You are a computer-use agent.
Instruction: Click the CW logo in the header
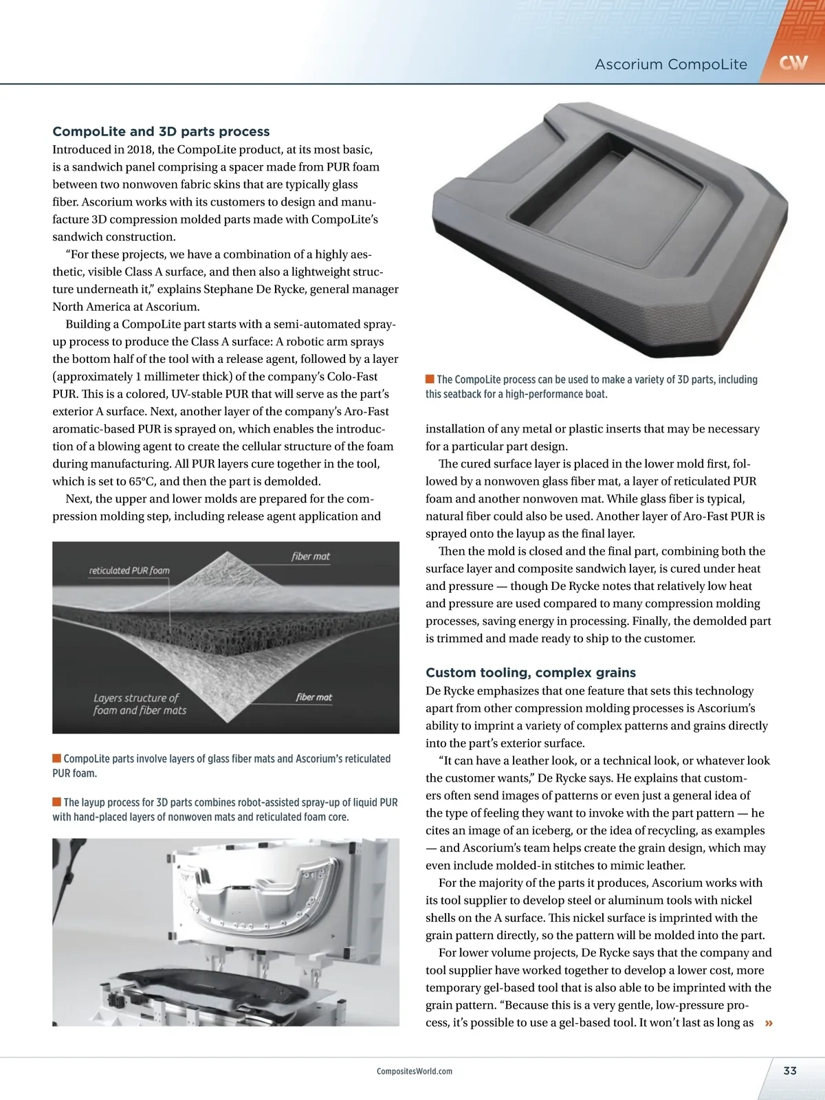[793, 63]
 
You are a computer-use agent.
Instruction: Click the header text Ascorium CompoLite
[670, 65]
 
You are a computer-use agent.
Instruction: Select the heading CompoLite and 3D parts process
[161, 131]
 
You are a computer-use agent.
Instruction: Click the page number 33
[790, 1070]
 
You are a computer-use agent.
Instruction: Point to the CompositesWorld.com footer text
[415, 1071]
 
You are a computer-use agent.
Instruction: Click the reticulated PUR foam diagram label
[129, 571]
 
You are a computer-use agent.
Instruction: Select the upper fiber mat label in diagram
[311, 556]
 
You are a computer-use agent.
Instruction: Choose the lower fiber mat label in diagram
[314, 697]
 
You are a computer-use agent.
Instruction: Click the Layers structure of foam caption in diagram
[140, 704]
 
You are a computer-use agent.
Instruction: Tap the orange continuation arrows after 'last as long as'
[769, 1023]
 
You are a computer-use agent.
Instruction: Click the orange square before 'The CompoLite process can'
[430, 379]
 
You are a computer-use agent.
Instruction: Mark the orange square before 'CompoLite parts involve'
[56, 758]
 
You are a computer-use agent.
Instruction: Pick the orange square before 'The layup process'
[56, 802]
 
